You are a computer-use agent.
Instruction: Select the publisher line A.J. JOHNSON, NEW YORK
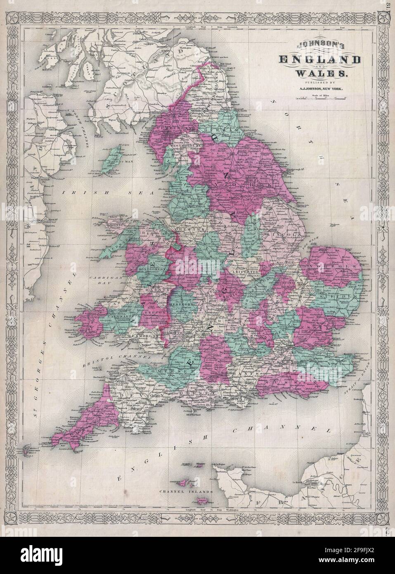click(315, 95)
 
